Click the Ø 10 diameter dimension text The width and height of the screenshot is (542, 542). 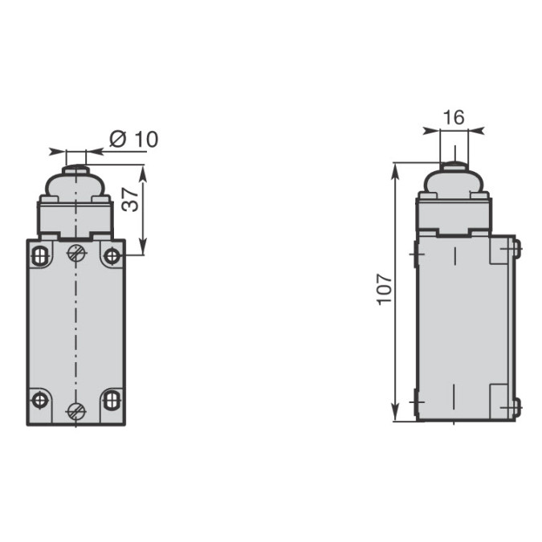point(134,139)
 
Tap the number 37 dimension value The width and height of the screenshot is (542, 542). point(131,200)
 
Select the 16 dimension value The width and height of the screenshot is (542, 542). point(454,117)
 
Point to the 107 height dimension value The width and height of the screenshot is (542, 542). point(385,290)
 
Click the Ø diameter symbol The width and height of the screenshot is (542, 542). point(118,139)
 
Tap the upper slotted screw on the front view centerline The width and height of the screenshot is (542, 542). point(76,253)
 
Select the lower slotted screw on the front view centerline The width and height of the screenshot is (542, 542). point(76,410)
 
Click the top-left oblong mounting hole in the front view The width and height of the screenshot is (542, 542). point(40,256)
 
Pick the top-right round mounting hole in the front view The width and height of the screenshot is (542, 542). point(112,256)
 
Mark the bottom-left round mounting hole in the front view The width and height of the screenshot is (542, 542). point(40,401)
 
